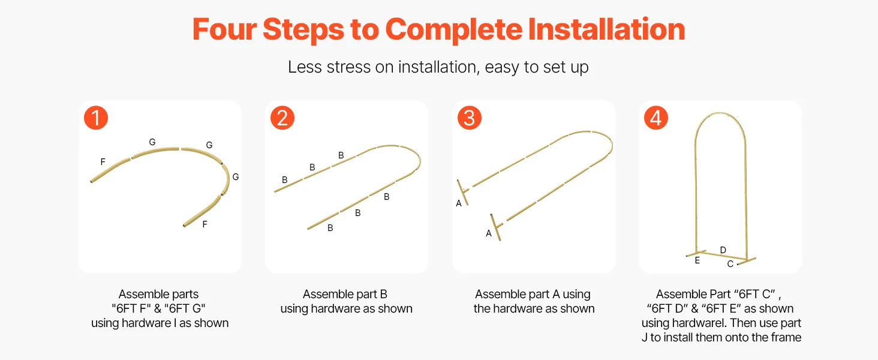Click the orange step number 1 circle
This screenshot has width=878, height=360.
(96, 118)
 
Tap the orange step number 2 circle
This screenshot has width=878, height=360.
(282, 118)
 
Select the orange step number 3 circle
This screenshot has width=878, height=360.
(469, 118)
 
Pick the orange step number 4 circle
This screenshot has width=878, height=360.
(656, 118)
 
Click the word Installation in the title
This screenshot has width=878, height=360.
(606, 29)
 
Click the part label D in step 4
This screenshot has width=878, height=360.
(723, 250)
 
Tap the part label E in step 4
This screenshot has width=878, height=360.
(697, 260)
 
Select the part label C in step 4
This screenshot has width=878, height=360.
(730, 264)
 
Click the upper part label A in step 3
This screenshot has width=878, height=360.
(459, 203)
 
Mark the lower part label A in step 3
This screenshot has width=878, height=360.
(488, 233)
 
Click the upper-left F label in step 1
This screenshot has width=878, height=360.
(103, 161)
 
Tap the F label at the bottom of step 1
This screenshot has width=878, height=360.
(205, 224)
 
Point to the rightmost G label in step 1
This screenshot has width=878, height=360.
(236, 177)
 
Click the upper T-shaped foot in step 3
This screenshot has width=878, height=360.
(463, 192)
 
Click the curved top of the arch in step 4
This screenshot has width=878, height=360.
(720, 115)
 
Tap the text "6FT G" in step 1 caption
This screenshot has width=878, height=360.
(185, 308)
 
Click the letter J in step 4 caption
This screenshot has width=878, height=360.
(644, 337)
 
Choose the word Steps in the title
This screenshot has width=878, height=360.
(303, 30)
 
